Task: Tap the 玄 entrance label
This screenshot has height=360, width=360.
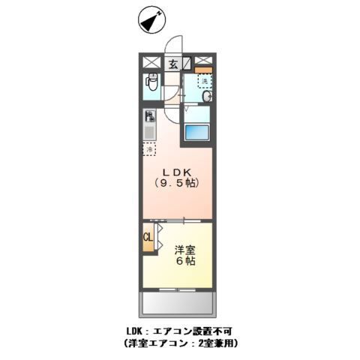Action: point(172,64)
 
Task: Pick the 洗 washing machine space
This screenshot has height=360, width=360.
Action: point(203,81)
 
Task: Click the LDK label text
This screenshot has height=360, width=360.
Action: point(177,170)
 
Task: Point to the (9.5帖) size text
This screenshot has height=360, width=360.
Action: point(177,182)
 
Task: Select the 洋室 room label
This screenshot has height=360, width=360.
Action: point(186,249)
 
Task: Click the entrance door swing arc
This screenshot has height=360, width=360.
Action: point(175,45)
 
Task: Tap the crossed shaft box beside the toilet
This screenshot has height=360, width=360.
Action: point(150,64)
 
